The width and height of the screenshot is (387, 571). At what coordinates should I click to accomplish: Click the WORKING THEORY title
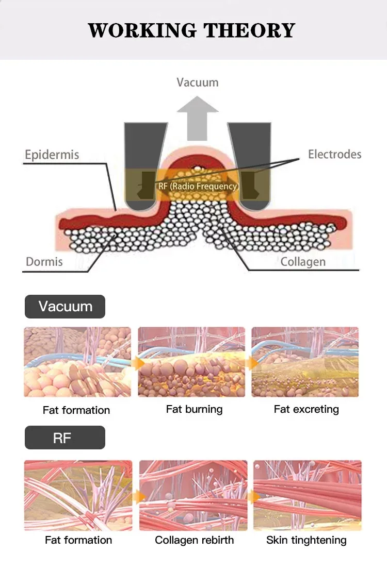(191, 30)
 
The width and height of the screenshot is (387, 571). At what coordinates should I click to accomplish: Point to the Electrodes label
(334, 154)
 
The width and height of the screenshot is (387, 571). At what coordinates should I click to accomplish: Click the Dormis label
(44, 262)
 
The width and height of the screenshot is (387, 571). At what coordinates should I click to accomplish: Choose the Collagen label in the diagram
(303, 262)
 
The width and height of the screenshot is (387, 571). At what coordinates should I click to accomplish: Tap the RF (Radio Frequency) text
(198, 186)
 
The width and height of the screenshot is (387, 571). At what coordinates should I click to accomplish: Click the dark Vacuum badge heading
(65, 307)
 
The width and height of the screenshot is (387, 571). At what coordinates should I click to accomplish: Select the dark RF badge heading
(65, 438)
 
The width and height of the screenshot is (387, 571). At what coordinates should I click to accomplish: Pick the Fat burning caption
(194, 409)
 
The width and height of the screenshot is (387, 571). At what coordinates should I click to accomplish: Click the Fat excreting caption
(306, 409)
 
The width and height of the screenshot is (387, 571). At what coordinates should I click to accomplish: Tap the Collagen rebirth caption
(194, 540)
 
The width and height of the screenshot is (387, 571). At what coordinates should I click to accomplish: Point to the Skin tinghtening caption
(306, 540)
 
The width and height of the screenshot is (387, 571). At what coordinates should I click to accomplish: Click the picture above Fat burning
(191, 362)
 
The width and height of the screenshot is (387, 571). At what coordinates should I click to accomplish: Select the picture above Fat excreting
(305, 362)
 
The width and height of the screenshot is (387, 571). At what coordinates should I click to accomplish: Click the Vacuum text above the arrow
(197, 82)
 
